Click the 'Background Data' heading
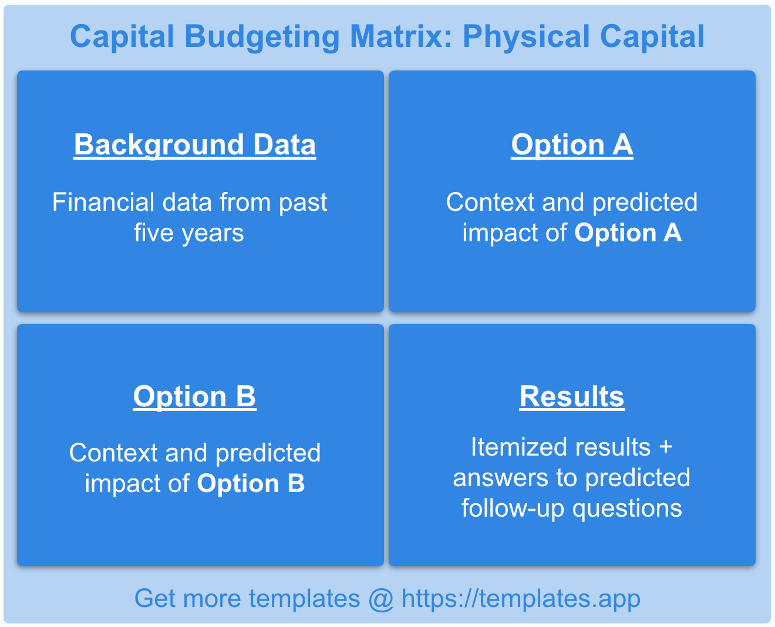[x=194, y=145]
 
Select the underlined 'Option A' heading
[x=572, y=145]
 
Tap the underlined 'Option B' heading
[x=194, y=396]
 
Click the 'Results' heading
[x=572, y=396]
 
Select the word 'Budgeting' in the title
[x=262, y=36]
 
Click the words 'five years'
[x=188, y=233]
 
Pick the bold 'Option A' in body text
[x=628, y=233]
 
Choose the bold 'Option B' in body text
[x=251, y=484]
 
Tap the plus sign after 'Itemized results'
[x=665, y=447]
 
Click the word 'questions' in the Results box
[x=627, y=508]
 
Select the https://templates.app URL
[x=521, y=599]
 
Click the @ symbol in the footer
[x=381, y=599]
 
